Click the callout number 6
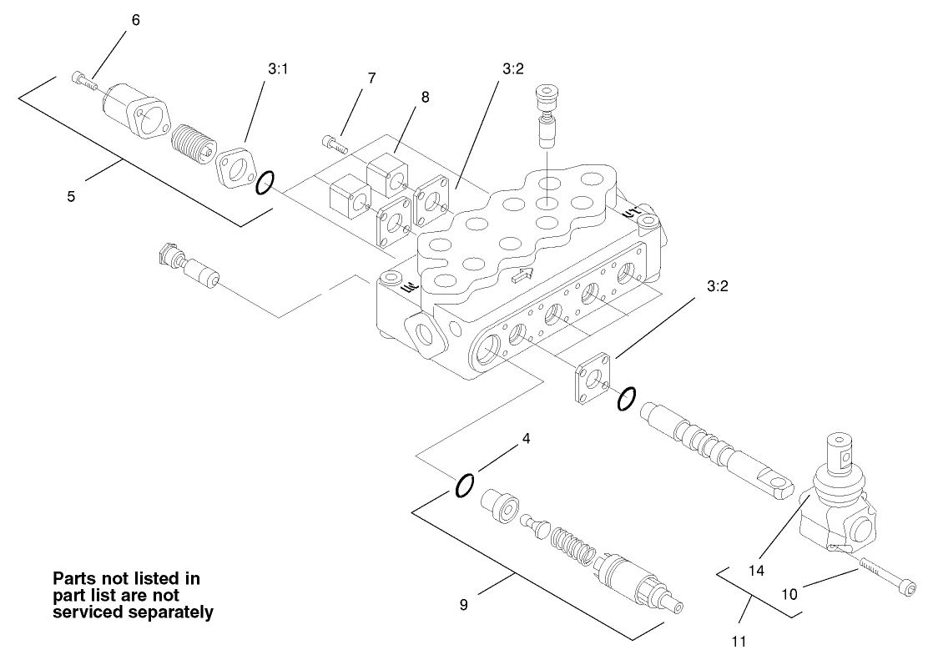pos(136,20)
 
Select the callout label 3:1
pos(278,70)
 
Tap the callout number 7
pos(371,78)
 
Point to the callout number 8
pos(425,97)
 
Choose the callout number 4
pos(526,437)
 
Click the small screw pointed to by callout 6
pos(82,79)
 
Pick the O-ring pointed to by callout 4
pos(465,485)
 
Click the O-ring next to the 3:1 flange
pos(264,183)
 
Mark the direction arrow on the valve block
pos(522,277)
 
